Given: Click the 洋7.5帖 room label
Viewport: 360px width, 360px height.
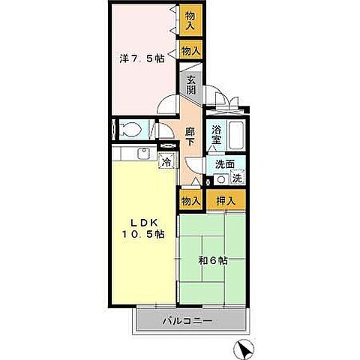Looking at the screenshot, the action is [142, 58].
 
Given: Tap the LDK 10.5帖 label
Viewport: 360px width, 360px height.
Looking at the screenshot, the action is [143, 228].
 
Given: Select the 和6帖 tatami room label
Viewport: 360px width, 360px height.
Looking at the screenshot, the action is [213, 261].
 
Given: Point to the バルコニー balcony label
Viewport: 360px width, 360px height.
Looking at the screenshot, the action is [187, 320].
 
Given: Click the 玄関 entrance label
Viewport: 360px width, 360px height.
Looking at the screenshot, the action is [191, 85].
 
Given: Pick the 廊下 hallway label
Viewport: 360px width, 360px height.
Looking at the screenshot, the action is [190, 136].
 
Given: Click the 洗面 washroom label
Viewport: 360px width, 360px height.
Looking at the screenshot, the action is [225, 164].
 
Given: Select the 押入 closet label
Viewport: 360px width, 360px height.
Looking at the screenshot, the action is [226, 200].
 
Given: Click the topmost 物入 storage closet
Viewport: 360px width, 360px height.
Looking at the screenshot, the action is [190, 21].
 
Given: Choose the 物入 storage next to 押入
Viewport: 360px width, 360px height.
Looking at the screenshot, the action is [191, 200].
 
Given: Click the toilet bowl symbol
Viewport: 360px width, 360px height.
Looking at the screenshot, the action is [130, 130].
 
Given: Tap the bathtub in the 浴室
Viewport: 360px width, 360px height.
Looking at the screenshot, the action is [236, 135].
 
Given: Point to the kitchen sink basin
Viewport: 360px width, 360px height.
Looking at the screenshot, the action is [143, 154].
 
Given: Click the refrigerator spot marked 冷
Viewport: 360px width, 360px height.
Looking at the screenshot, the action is [166, 162].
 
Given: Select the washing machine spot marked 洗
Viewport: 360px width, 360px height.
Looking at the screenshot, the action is [238, 178].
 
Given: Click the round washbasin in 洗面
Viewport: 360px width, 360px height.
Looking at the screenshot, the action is [221, 179].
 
